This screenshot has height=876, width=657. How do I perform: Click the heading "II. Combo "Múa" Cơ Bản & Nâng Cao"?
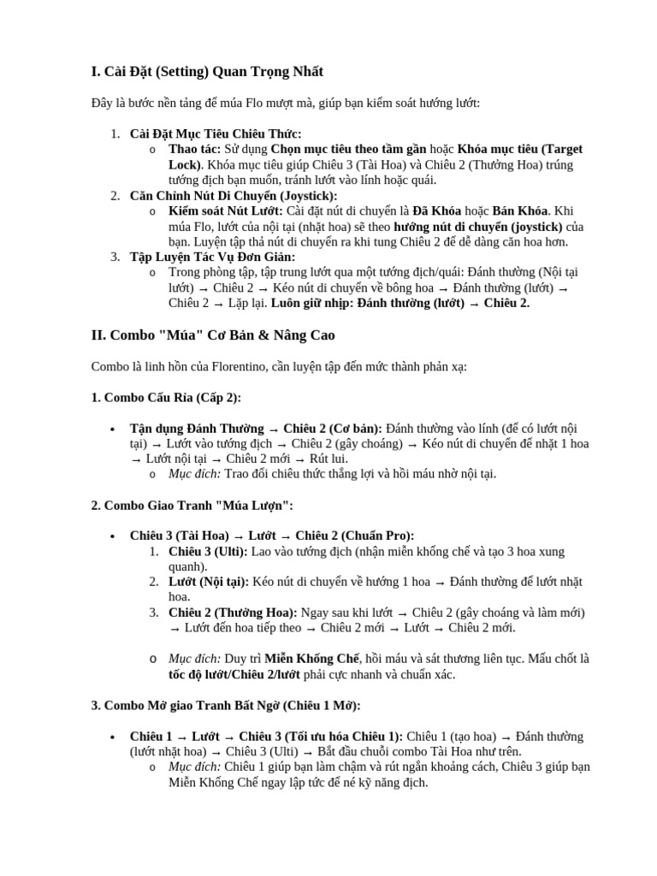coord(213,334)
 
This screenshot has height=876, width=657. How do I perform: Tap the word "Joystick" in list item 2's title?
coord(306,195)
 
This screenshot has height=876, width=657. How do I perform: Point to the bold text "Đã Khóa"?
coord(436,210)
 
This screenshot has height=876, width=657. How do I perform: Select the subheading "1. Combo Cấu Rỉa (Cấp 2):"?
coord(166,397)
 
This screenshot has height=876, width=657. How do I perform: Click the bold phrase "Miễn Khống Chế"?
coord(311,659)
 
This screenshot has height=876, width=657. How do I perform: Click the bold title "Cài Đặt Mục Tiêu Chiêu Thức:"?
coord(216,133)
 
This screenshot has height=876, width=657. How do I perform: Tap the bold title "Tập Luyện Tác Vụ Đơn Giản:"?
coord(213,257)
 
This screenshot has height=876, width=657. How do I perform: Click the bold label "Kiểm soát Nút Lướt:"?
coord(226,210)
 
